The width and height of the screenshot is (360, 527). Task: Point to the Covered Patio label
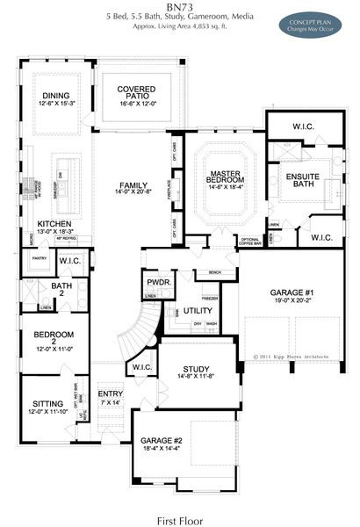136,94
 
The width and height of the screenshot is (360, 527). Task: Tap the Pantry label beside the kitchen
38,259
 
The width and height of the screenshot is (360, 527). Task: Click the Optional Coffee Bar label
250,241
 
